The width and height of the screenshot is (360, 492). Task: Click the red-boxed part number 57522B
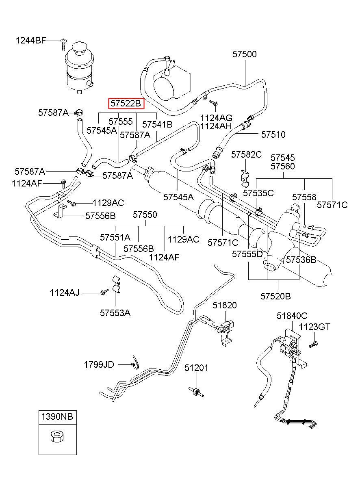point(126,103)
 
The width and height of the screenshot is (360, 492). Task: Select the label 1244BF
point(31,41)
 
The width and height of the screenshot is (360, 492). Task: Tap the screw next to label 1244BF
point(63,45)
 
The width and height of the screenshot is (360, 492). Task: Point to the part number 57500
point(245,54)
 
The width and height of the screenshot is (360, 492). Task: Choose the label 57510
point(273,134)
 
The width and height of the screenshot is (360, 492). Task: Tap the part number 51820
point(225,305)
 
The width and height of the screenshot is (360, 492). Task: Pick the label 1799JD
point(99,364)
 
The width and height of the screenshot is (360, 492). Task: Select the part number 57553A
point(115,313)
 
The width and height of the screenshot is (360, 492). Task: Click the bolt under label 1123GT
point(313,344)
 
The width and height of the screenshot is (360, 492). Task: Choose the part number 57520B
point(275,296)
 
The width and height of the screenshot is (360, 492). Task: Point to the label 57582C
point(247,155)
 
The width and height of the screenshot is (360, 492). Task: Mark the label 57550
point(145,215)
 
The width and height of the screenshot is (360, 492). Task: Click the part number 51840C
point(292,316)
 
